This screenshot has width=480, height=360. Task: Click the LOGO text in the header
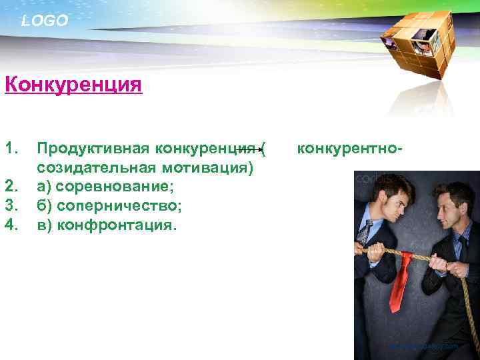click(x=45, y=21)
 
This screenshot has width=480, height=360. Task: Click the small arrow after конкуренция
click(x=255, y=149)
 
